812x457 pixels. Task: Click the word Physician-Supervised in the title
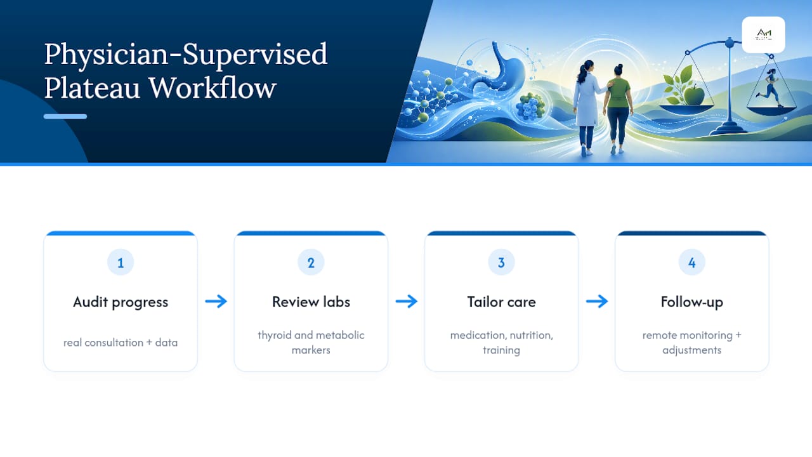coord(186,55)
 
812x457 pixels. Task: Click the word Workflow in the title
coord(213,88)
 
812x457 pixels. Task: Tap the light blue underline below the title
coord(65,116)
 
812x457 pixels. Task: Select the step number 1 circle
coord(121,262)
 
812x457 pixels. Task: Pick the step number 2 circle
coord(311,262)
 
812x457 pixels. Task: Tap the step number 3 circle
coord(501,262)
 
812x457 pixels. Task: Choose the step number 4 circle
coord(692,262)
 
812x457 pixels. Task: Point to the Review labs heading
coord(311,301)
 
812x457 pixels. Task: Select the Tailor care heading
coord(501,301)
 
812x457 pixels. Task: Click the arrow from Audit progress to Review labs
coord(216,301)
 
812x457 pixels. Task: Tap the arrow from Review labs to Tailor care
coord(407,301)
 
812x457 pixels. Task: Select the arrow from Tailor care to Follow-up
coord(597,301)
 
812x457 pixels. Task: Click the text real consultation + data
coord(121,343)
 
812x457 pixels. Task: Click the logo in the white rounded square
coord(763,35)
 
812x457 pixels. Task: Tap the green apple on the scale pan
coord(693,95)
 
